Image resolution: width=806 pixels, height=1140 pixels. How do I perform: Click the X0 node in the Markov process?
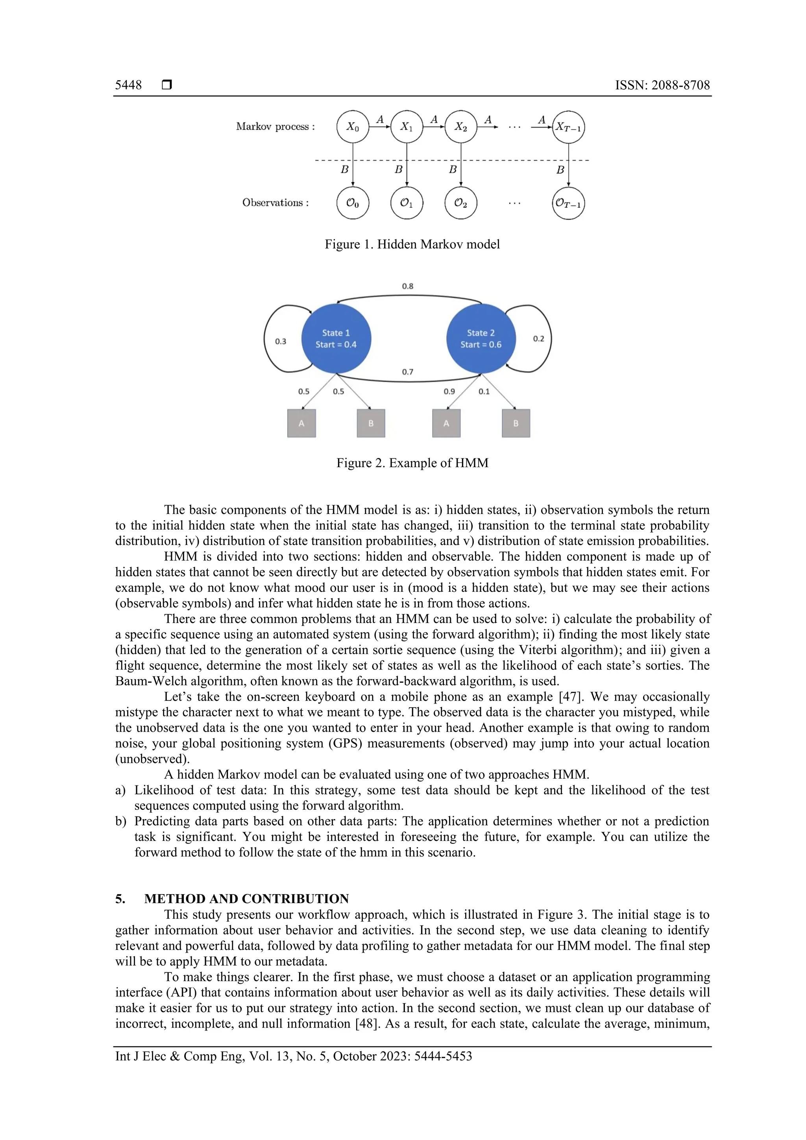coord(353,127)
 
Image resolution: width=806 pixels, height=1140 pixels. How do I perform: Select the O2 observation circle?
coord(461,203)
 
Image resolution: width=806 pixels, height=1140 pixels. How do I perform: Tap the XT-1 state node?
coord(568,127)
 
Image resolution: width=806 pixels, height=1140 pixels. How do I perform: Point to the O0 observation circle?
coord(353,203)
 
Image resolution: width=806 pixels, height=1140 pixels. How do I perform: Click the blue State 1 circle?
coord(336,339)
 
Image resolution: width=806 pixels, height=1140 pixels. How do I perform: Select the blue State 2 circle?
coord(481,339)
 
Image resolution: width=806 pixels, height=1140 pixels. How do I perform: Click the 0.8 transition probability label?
coord(408,286)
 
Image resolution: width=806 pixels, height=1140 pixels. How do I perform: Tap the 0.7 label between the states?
coord(408,372)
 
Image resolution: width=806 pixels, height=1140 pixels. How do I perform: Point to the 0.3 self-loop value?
coord(281,341)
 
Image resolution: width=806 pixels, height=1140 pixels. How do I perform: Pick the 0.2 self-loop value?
coord(538,339)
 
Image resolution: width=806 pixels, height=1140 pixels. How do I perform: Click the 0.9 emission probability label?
coord(449,391)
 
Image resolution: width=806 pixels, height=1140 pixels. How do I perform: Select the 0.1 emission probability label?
coord(484,391)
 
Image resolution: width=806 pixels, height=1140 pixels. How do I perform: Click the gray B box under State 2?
coord(516,423)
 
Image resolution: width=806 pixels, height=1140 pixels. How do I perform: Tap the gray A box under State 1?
coord(301,423)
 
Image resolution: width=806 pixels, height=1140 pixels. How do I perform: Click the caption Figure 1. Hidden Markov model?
coord(412,244)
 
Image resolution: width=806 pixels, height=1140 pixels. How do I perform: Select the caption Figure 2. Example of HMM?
coord(412,463)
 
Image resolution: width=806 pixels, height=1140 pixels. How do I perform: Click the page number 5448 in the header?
coord(128,85)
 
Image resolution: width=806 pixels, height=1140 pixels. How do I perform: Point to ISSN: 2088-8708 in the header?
coord(662,85)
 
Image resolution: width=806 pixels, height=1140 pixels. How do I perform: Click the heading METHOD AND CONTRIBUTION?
coord(246,899)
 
